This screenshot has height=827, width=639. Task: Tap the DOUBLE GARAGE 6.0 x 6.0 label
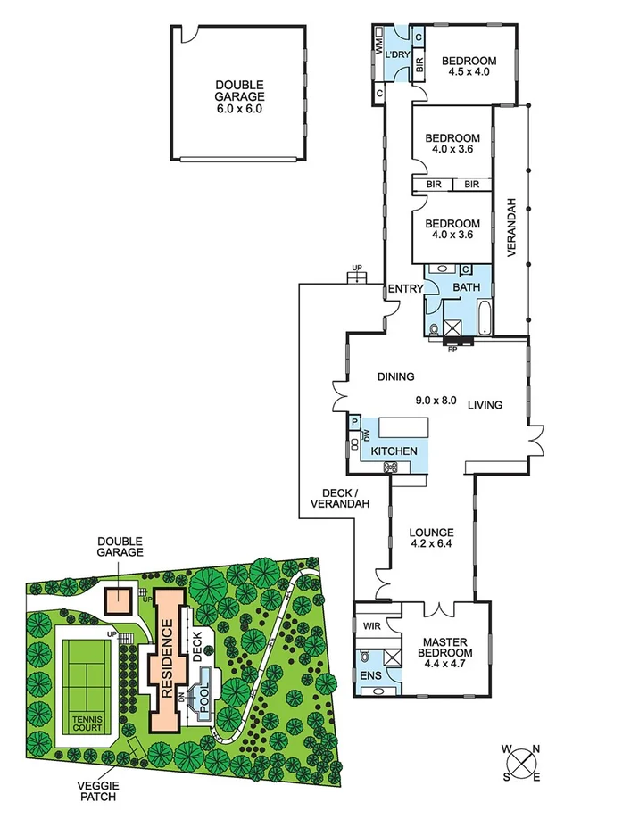(x=240, y=96)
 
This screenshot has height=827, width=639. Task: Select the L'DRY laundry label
(x=397, y=53)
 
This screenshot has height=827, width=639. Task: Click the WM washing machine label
(x=378, y=49)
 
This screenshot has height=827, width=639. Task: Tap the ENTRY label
(x=404, y=288)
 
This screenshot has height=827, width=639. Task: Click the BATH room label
(x=467, y=288)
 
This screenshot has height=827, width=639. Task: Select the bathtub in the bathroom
(x=483, y=318)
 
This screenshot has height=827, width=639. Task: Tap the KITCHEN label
(x=394, y=451)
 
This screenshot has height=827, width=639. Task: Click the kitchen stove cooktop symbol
(x=390, y=467)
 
